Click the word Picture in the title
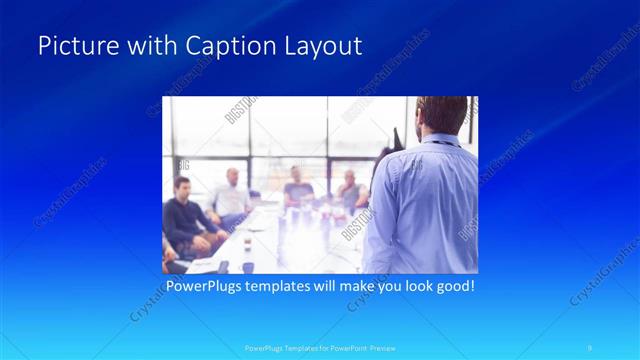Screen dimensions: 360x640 (x=71, y=47)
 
